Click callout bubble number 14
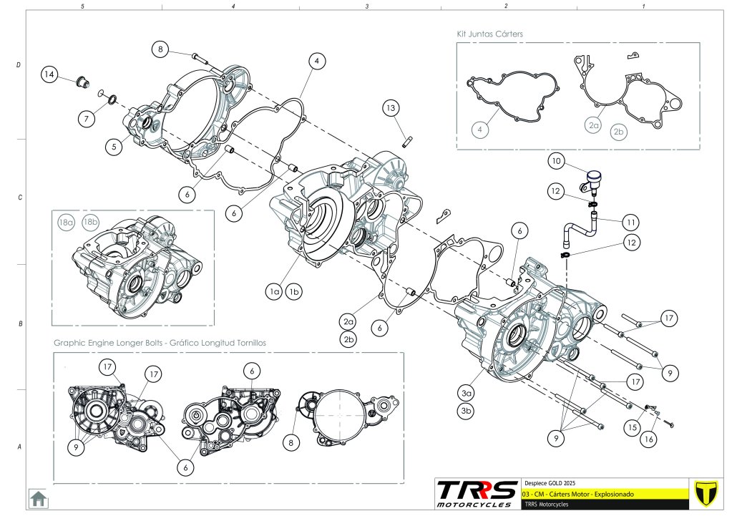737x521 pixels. coord(49,74)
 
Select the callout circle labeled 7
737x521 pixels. coord(86,119)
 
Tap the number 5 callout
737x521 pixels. coord(114,147)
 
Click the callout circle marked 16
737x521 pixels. coord(648,440)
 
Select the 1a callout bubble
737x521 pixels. coord(273,291)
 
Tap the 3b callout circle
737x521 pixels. coord(467,411)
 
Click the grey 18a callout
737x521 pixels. coord(66,223)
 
